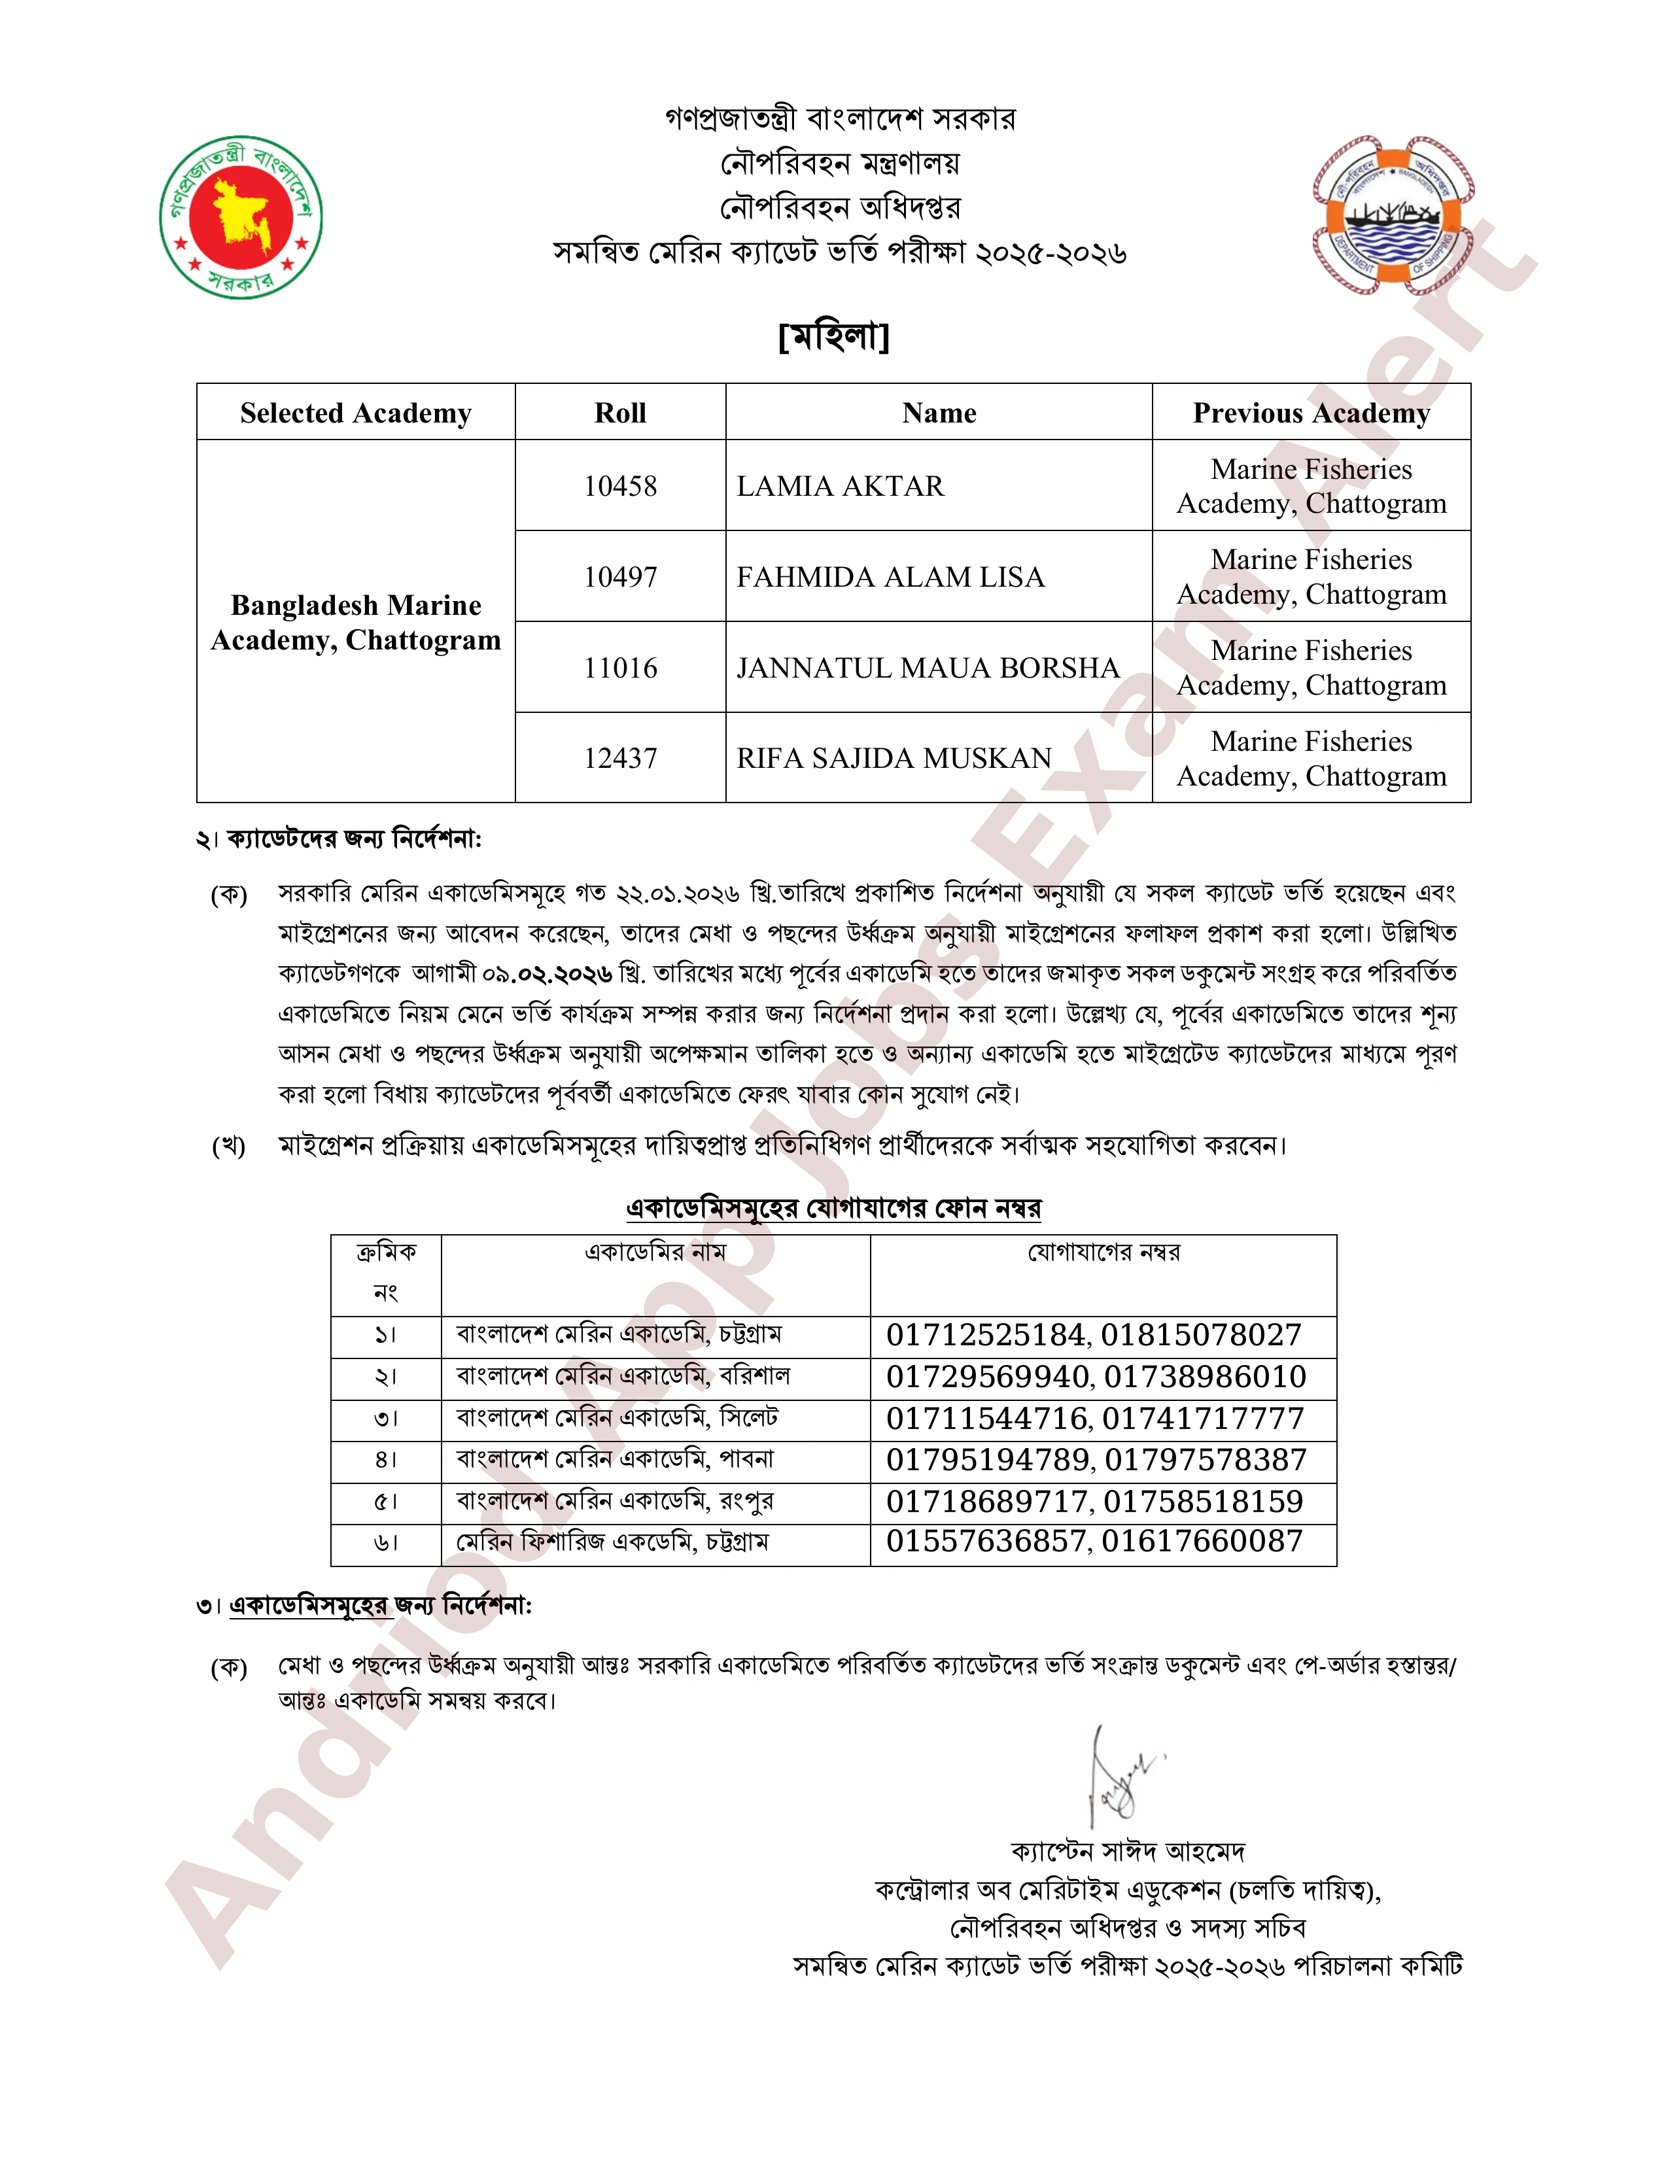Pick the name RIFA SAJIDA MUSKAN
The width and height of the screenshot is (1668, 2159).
[894, 758]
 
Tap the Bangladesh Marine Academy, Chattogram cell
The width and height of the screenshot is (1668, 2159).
[355, 622]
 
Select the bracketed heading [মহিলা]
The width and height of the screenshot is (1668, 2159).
[833, 336]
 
